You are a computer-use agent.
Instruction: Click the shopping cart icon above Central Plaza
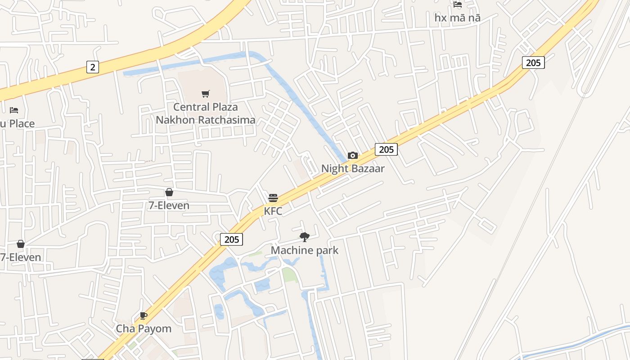point(206,94)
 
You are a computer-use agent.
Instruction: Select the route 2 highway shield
point(92,67)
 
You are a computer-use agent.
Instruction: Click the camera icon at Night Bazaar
point(353,156)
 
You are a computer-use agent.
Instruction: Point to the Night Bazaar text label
point(353,169)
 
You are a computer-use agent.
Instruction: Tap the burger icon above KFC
point(273,198)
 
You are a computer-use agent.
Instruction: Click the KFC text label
point(273,211)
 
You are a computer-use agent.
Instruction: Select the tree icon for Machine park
point(305,237)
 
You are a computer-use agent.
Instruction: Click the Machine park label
point(305,250)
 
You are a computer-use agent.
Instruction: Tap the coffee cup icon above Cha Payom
point(144,315)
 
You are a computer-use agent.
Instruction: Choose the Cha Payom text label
point(144,328)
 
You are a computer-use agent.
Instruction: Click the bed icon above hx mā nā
point(458,4)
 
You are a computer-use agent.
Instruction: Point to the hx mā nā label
point(458,18)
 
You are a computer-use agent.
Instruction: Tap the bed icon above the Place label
point(14,110)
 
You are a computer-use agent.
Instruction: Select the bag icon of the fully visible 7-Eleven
point(169,193)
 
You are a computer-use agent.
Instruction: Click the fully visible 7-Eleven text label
point(169,206)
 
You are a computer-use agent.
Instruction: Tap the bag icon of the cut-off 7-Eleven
point(21,244)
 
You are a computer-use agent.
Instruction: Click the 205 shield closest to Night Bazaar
point(386,149)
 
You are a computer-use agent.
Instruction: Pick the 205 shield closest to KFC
point(232,239)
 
